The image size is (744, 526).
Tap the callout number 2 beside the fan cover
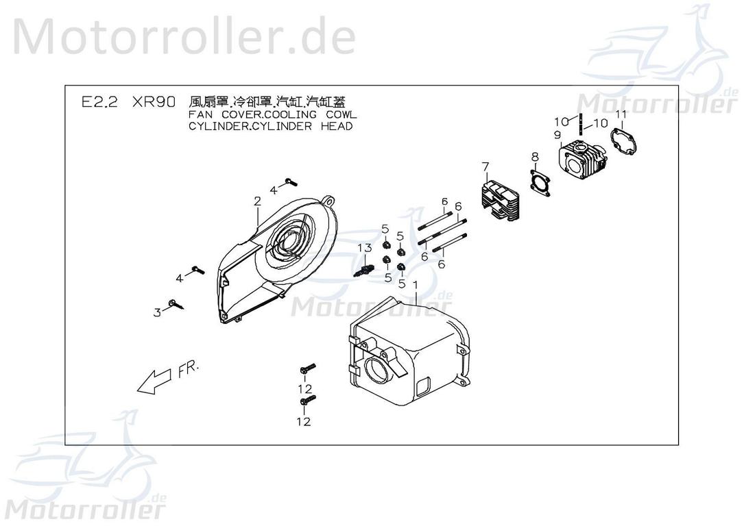[257, 201]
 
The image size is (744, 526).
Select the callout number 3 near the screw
[157, 312]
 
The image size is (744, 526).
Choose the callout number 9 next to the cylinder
[557, 135]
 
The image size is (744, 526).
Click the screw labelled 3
[180, 304]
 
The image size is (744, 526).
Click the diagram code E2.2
[99, 102]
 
